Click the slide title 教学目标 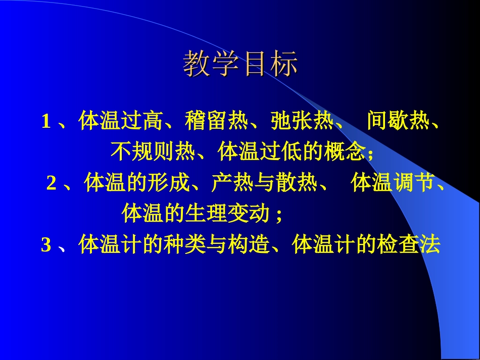[x=240, y=64]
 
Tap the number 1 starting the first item [x=46, y=122]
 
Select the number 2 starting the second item [x=51, y=184]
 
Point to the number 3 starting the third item [x=46, y=246]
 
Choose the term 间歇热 [x=398, y=122]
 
